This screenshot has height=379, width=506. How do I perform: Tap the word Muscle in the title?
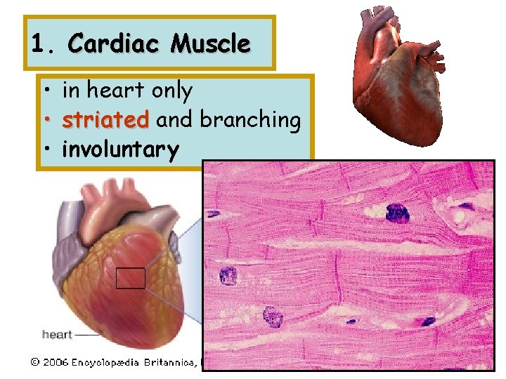[210, 44]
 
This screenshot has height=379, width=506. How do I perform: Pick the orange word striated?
[105, 120]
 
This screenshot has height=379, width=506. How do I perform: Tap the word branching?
[251, 120]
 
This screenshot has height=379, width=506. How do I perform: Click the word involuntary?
[120, 149]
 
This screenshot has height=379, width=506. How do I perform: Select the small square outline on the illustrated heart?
[130, 278]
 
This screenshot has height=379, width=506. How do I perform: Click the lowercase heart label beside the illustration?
[57, 334]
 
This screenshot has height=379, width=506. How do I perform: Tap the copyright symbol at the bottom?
[34, 363]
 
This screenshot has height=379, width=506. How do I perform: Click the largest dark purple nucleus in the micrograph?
[397, 212]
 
